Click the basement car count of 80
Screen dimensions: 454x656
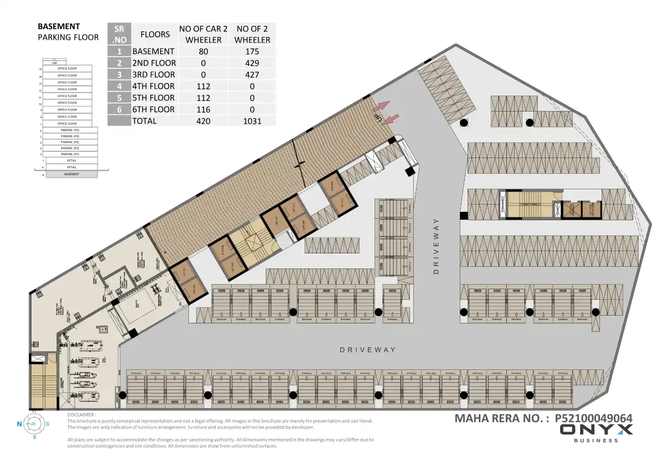[x=202, y=52]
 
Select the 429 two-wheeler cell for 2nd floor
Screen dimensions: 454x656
[x=252, y=63]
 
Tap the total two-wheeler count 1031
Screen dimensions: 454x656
[x=252, y=121]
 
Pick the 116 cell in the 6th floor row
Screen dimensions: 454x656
[x=202, y=109]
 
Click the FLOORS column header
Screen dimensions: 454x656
[x=155, y=34]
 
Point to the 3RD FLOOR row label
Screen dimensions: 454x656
[x=154, y=75]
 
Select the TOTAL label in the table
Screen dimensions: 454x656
[x=145, y=121]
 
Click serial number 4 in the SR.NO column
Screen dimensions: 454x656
[x=119, y=86]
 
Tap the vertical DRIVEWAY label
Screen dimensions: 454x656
[x=436, y=245]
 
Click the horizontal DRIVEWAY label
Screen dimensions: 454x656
[x=368, y=350]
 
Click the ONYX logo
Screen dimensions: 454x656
[x=597, y=430]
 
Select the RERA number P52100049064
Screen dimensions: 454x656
[x=594, y=418]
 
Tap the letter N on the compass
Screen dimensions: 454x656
[x=19, y=424]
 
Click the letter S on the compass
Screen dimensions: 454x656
[x=48, y=424]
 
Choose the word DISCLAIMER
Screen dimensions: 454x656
[x=81, y=415]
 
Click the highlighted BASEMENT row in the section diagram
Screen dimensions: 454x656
[x=71, y=174]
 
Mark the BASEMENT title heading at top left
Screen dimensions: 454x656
[x=59, y=26]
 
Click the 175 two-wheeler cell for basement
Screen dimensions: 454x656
[x=252, y=52]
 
